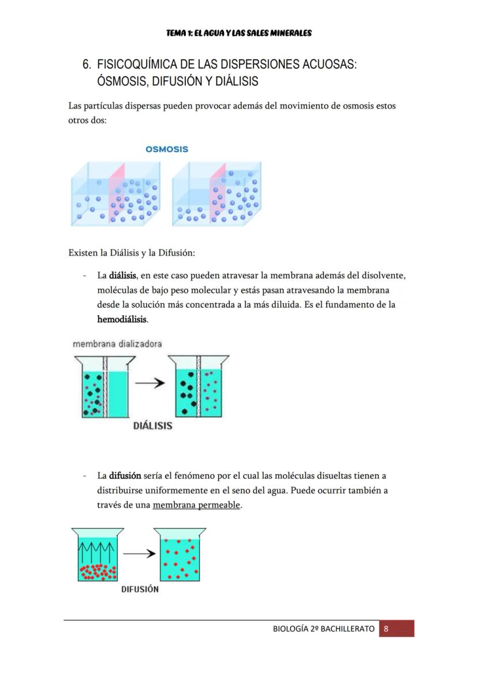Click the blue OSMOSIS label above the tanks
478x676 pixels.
167,149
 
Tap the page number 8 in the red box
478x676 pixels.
386,629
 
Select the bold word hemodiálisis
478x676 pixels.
122,319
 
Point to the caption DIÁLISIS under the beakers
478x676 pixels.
152,426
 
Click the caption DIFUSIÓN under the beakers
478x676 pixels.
140,589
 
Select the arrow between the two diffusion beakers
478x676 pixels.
139,554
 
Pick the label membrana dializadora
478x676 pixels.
117,343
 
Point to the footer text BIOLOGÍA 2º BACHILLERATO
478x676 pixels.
323,629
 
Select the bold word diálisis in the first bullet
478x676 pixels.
122,275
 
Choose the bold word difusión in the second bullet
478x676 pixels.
125,476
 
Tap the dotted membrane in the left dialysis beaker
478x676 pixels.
106,386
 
